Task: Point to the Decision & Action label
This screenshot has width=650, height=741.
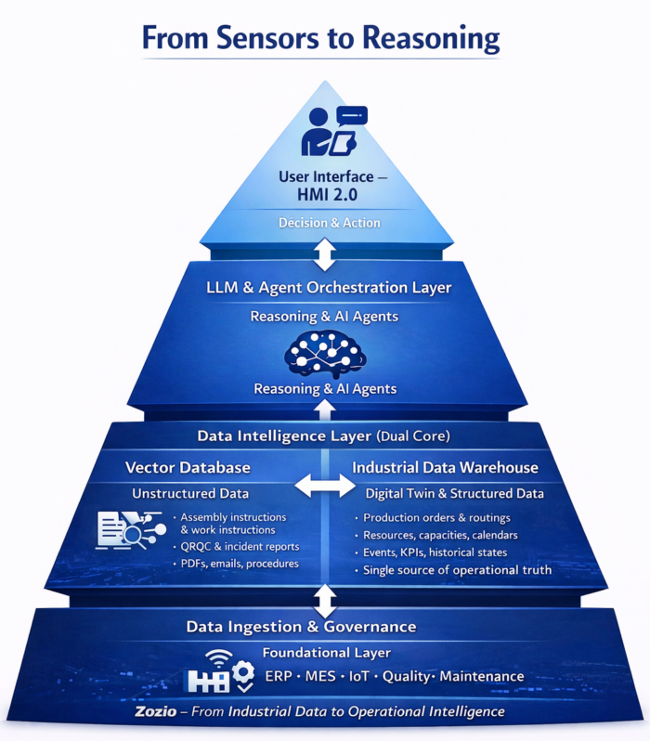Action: [x=324, y=223]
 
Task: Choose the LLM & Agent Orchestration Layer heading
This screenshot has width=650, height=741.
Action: [x=328, y=288]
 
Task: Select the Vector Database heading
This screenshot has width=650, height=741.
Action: [x=188, y=467]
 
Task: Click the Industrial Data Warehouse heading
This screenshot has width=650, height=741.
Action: [x=446, y=467]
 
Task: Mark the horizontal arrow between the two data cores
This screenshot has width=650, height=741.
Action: [x=324, y=486]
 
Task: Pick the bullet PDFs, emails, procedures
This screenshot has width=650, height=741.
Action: [x=239, y=564]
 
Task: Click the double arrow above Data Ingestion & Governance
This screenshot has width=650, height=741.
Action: [x=324, y=599]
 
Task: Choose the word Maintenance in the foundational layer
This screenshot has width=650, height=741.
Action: [x=481, y=676]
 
